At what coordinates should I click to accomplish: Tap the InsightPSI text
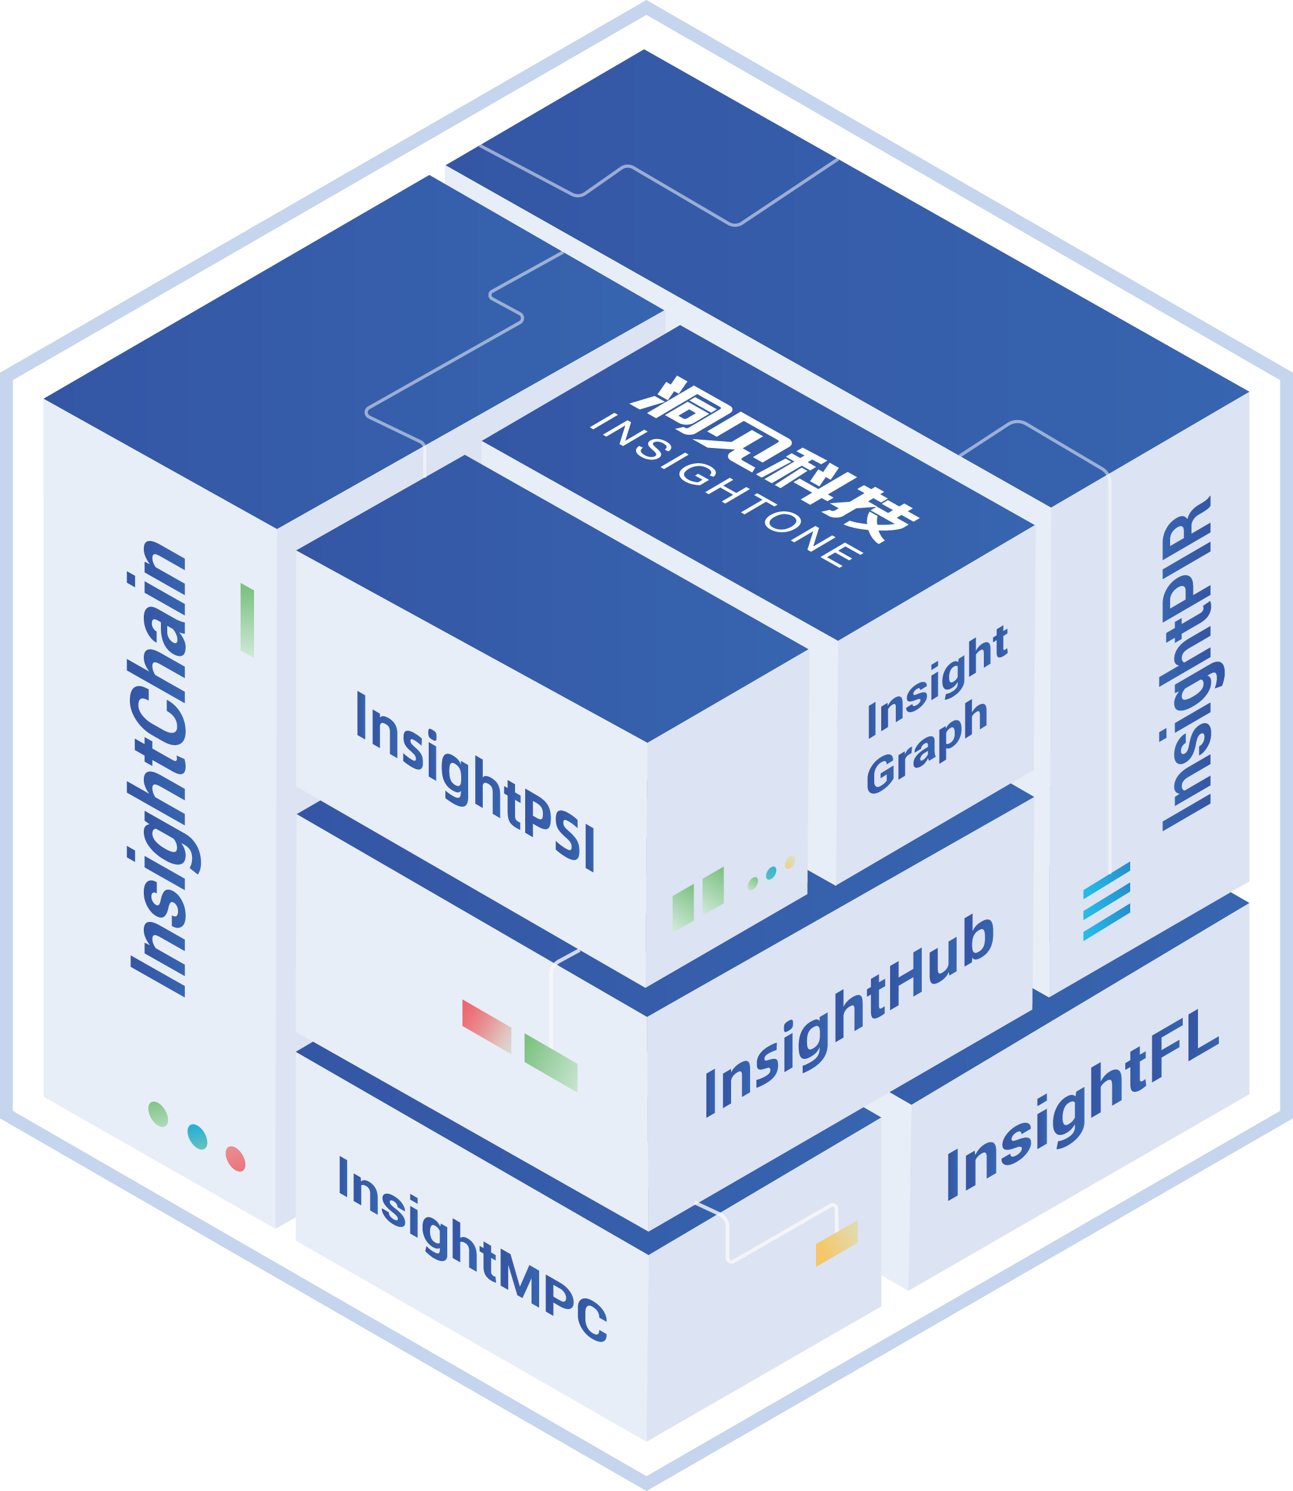476,781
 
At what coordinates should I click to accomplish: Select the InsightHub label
850,1015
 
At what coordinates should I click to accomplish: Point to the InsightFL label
1082,1104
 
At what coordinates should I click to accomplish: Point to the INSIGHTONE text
726,490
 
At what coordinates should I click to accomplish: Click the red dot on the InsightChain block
235,1158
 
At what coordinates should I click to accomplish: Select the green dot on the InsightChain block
158,1113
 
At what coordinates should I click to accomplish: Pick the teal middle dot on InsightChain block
197,1136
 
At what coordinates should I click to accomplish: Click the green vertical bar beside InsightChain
247,620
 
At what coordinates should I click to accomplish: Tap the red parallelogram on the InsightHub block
487,1027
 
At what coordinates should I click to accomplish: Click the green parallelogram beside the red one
551,1062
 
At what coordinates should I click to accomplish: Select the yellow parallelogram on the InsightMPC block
837,1243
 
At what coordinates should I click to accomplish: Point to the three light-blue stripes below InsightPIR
1107,902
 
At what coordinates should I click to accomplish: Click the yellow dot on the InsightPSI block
790,862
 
